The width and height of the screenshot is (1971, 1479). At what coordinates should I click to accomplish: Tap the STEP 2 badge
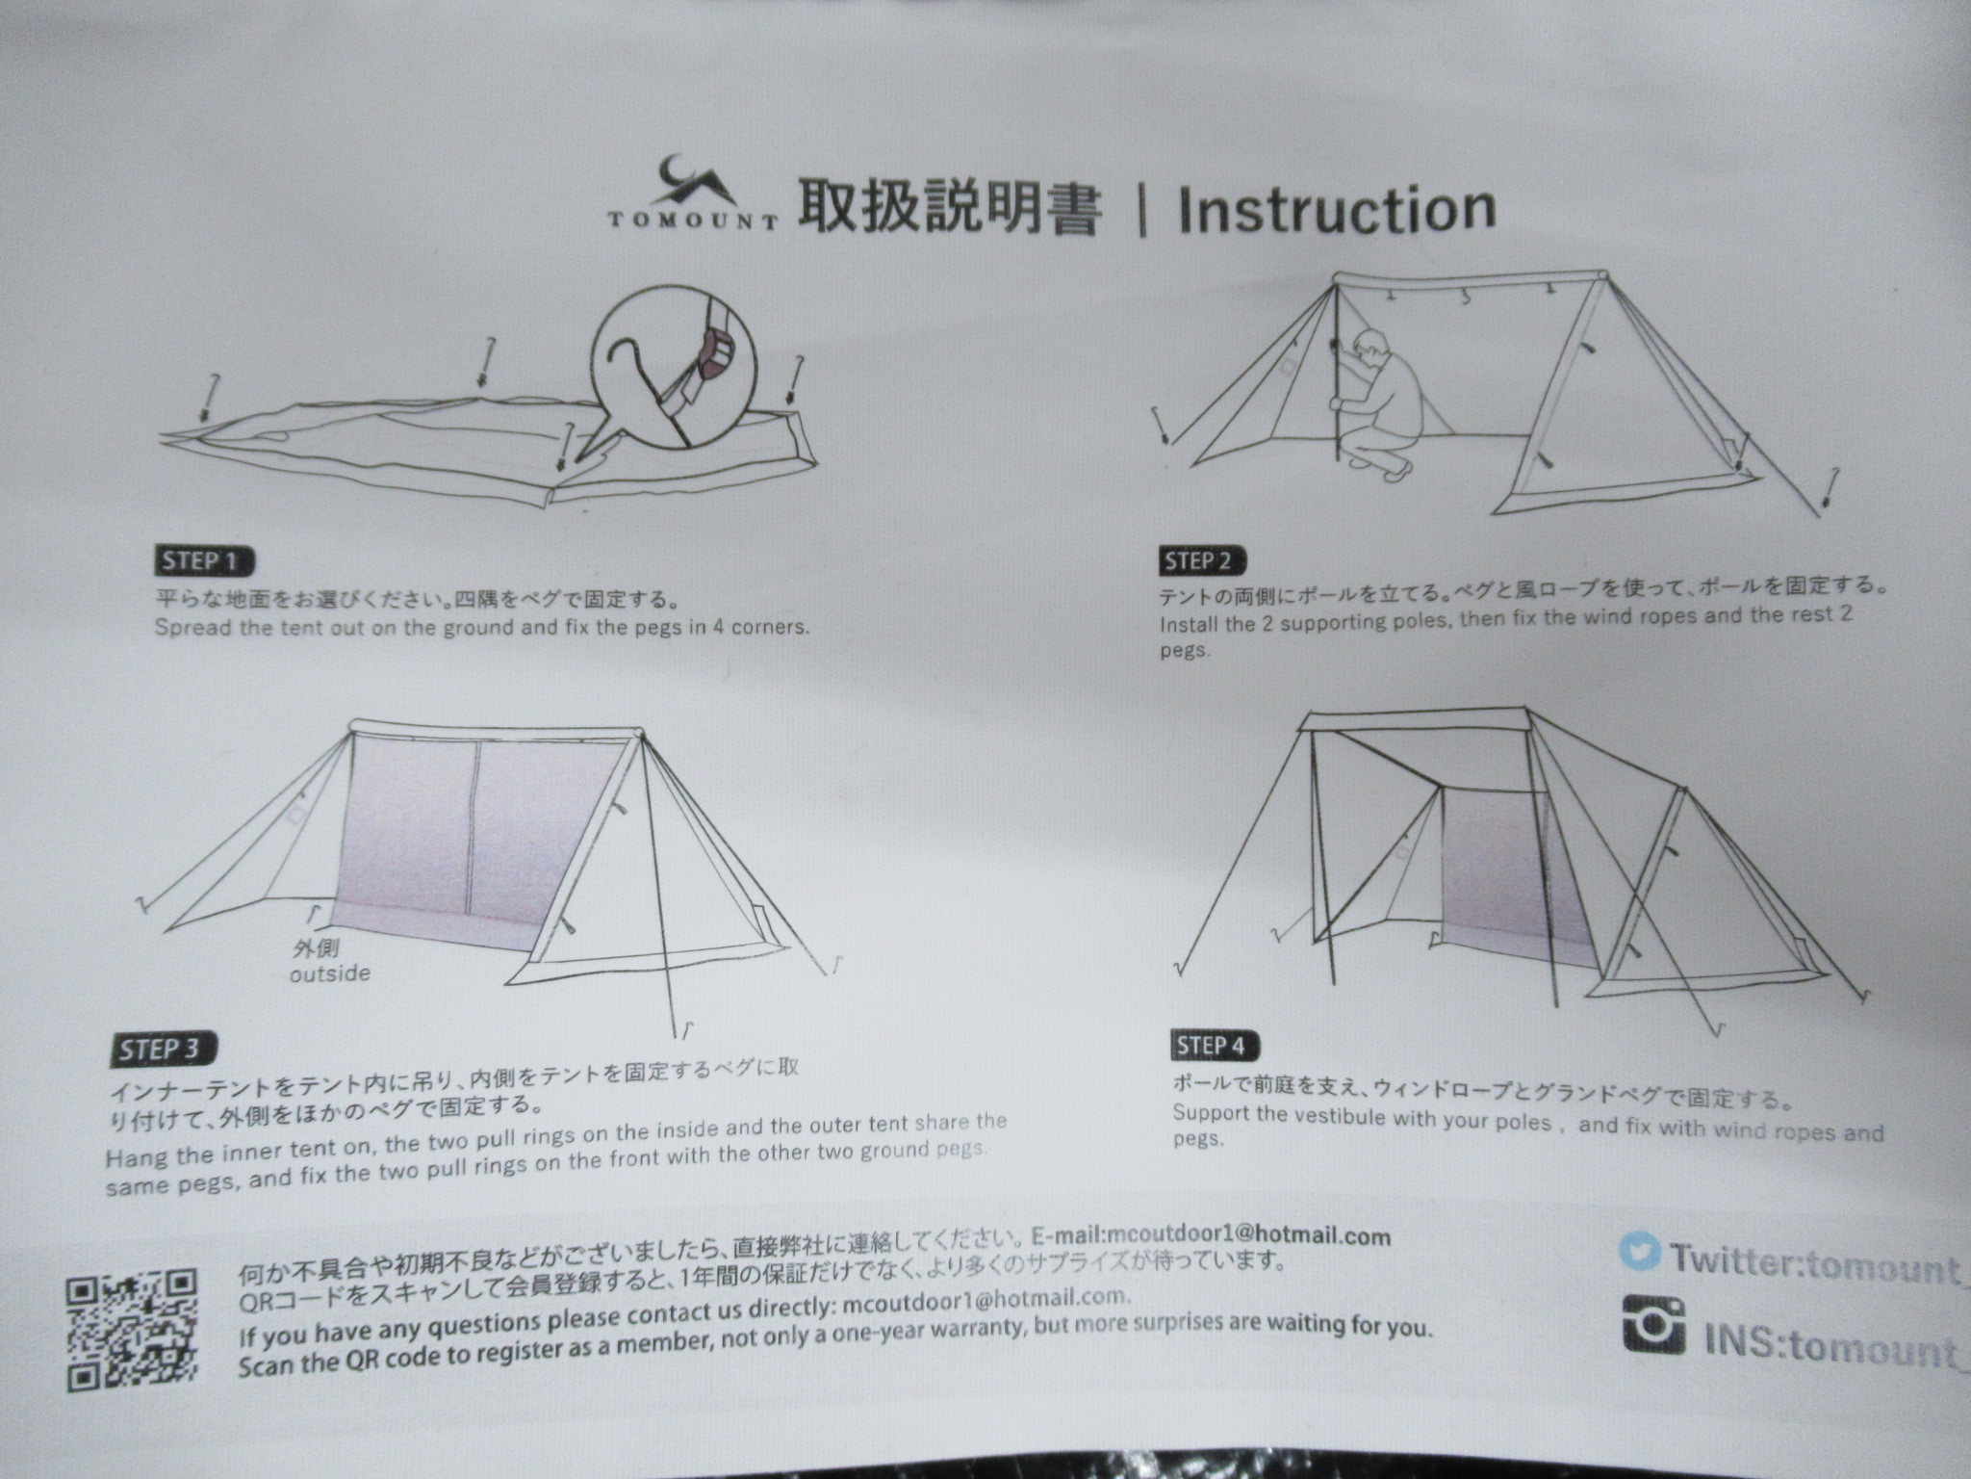[x=1203, y=561]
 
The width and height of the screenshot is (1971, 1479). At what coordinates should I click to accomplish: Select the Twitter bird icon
[x=1641, y=1253]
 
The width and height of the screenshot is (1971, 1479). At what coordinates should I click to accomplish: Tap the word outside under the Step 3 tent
[x=330, y=973]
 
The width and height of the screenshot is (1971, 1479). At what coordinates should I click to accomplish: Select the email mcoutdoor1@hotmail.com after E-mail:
[x=1248, y=1235]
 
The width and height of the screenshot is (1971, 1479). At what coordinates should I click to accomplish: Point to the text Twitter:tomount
[x=1815, y=1262]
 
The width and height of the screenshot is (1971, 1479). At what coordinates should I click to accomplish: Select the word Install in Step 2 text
[x=1193, y=624]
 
